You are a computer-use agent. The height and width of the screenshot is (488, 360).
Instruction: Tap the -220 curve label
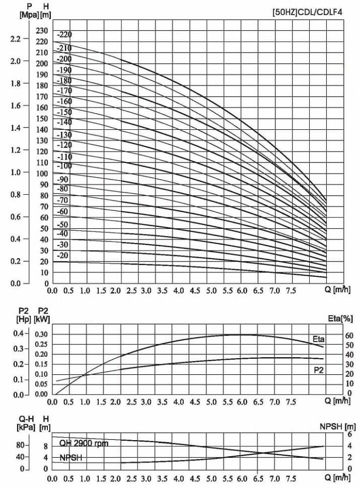[64, 35]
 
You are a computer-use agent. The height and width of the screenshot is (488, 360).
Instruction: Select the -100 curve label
[64, 166]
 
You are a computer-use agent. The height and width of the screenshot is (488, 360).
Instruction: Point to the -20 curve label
[62, 256]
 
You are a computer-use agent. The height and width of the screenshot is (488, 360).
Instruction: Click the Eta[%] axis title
[340, 318]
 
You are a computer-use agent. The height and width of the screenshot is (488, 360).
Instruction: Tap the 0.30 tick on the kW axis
[42, 334]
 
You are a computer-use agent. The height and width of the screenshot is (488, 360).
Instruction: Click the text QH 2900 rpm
[84, 443]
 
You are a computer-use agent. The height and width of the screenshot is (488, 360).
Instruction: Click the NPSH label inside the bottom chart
[71, 458]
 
